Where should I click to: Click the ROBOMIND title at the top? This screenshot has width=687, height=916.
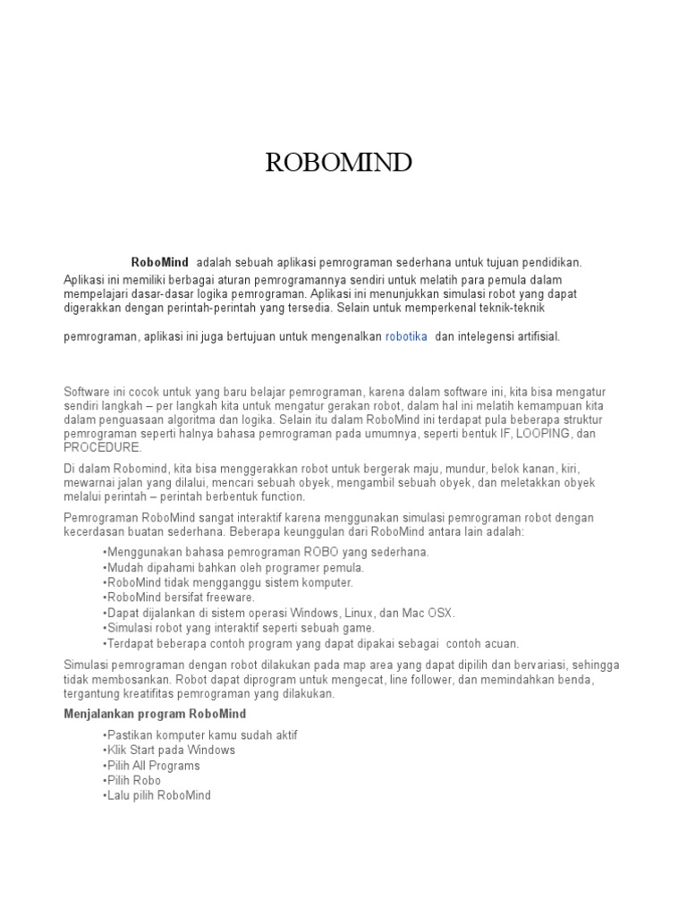tap(338, 163)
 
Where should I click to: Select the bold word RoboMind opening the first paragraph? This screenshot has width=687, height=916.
tap(159, 263)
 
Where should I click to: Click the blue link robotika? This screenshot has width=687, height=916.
tap(406, 337)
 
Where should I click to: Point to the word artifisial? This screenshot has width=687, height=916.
tap(534, 337)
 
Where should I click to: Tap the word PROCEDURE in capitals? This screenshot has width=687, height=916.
tap(103, 446)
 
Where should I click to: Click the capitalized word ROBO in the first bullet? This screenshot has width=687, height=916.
tap(322, 552)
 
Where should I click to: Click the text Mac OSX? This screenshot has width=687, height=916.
tap(431, 613)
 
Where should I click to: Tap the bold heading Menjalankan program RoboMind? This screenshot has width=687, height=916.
tap(155, 714)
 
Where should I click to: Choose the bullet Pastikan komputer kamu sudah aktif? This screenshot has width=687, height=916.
tap(201, 735)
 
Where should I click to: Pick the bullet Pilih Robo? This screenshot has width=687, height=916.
tap(134, 781)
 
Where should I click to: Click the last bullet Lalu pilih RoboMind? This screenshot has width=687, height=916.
tap(159, 796)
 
